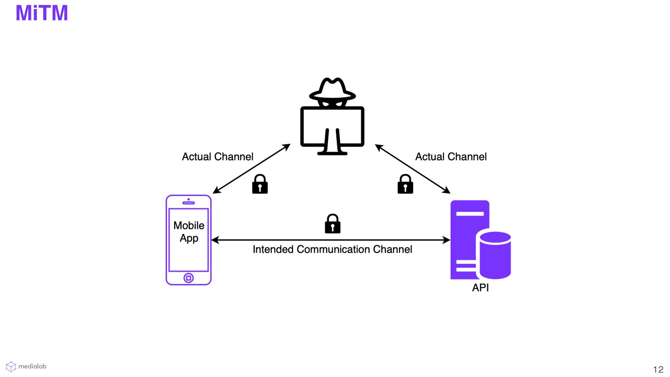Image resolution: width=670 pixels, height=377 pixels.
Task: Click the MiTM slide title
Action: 42,13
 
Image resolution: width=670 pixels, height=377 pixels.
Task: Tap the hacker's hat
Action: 332,89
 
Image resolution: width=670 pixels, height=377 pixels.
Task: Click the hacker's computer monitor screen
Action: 314,126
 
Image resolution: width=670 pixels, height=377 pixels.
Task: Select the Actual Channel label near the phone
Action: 217,157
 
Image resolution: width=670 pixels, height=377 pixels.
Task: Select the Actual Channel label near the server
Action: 451,157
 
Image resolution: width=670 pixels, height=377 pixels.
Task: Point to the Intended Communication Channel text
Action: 332,249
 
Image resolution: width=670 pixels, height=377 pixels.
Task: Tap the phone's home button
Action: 188,278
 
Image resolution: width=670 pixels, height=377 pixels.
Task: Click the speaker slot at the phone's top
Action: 188,203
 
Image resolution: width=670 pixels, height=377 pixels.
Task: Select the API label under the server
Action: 480,288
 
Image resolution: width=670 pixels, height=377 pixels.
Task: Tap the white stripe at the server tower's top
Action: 470,213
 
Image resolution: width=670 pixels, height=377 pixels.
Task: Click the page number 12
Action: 658,369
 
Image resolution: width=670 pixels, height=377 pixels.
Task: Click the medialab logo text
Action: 32,366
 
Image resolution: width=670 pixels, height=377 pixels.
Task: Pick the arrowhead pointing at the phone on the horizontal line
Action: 215,240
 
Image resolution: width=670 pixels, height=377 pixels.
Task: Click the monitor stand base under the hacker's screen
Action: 332,153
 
